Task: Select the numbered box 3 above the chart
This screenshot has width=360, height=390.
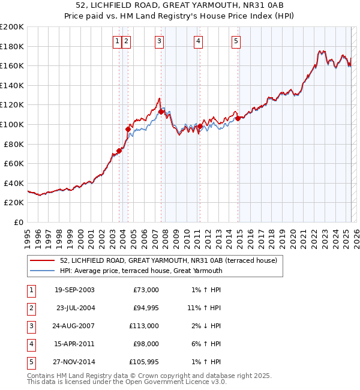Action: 158,41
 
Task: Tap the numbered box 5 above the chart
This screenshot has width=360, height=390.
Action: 236,41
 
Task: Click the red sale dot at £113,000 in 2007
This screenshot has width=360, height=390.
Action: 161,112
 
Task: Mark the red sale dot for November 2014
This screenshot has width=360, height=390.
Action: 238,118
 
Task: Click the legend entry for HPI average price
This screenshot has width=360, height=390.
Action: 141,271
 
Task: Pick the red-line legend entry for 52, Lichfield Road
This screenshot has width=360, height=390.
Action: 168,261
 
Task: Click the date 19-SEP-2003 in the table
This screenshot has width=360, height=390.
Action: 74,290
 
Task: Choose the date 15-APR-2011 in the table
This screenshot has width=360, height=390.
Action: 74,344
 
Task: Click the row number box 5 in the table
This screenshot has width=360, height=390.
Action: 31,362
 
